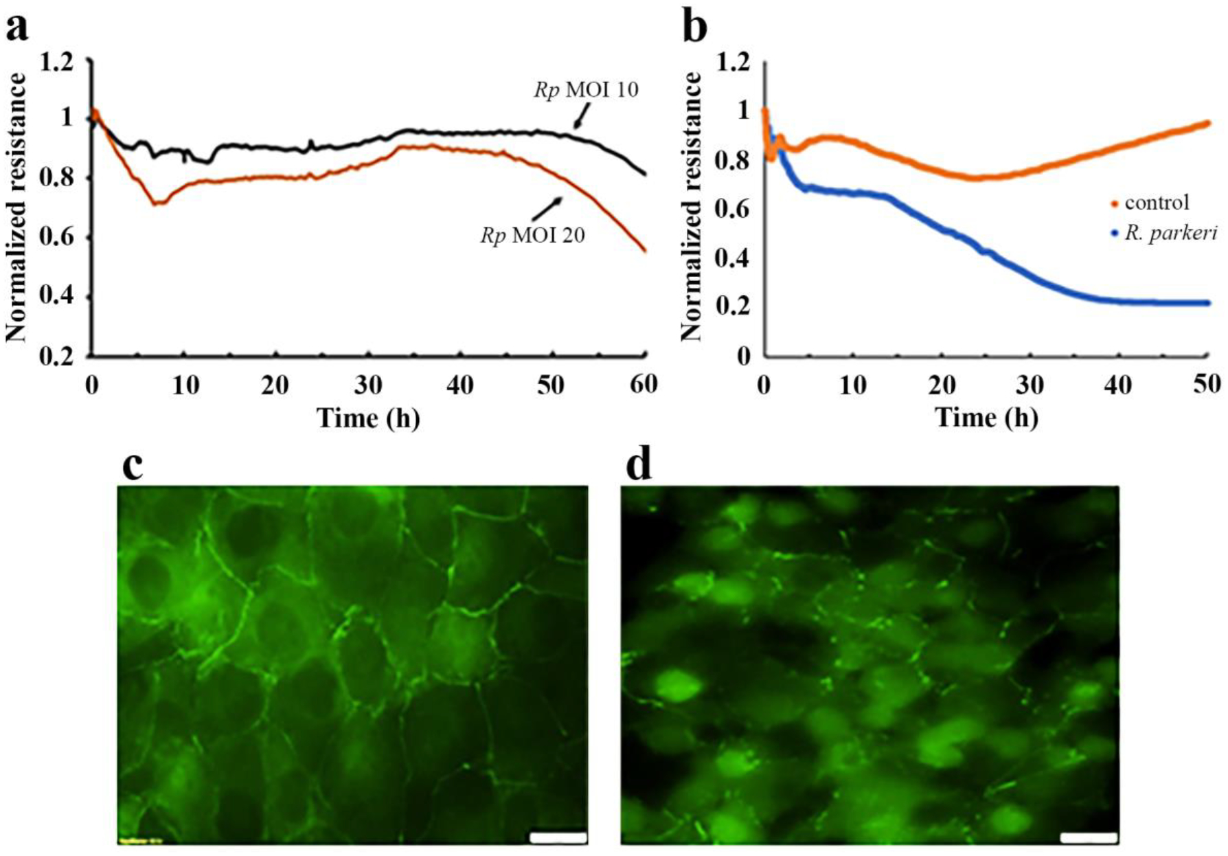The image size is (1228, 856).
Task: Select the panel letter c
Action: pyautogui.click(x=132, y=466)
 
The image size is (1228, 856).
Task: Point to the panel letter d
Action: pyautogui.click(x=639, y=466)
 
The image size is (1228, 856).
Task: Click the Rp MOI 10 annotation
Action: pyautogui.click(x=586, y=90)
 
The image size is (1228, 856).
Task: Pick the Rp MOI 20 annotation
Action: pyautogui.click(x=532, y=236)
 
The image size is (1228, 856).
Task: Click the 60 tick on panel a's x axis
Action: pyautogui.click(x=644, y=385)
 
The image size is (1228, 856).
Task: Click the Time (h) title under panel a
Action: pyautogui.click(x=368, y=418)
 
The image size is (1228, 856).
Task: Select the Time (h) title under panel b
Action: pyautogui.click(x=986, y=418)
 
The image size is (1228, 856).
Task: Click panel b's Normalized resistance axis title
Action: pyautogui.click(x=692, y=206)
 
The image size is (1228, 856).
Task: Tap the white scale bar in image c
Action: pyautogui.click(x=558, y=837)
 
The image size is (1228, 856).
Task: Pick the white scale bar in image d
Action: pyautogui.click(x=1088, y=837)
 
